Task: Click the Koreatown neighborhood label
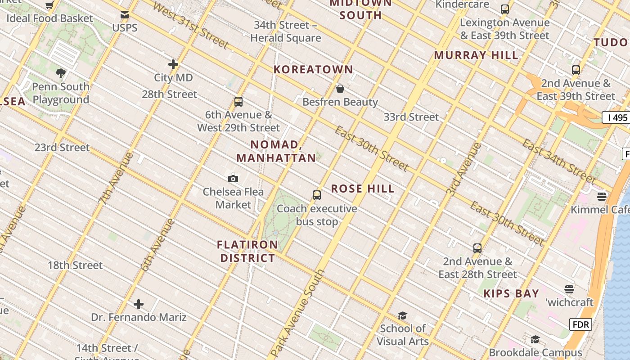314,69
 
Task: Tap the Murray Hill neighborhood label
476,55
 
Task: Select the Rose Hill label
363,189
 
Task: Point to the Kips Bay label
511,294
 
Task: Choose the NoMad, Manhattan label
276,151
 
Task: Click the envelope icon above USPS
125,15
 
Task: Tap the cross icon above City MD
173,64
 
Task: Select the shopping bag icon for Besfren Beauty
340,89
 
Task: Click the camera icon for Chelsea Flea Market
233,179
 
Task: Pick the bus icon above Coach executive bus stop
317,195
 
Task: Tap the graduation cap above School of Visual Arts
402,315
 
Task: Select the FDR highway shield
580,324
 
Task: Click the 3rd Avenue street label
464,169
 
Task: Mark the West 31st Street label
191,25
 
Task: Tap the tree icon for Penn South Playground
61,73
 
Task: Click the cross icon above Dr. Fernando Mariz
139,304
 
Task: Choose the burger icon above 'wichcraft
569,289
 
